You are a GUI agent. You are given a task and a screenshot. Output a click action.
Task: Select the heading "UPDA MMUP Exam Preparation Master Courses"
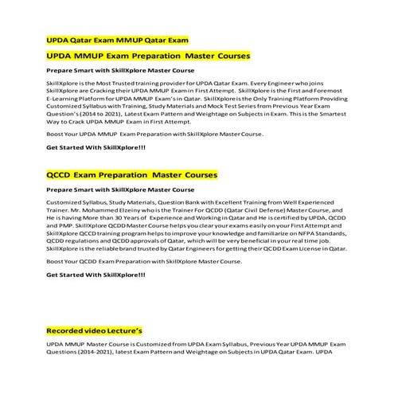coord(149,56)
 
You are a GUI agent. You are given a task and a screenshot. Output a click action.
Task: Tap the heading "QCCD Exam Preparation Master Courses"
coord(132,174)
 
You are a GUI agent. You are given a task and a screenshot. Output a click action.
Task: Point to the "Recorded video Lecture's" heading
coord(95,330)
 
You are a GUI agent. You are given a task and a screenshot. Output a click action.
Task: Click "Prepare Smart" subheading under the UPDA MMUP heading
coord(119,70)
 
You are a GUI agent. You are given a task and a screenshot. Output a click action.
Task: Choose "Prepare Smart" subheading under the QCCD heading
coord(119,189)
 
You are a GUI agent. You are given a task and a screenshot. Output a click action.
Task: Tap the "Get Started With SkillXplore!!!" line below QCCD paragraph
coord(96,275)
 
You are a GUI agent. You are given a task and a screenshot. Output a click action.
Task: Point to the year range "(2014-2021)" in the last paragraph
coord(92,352)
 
